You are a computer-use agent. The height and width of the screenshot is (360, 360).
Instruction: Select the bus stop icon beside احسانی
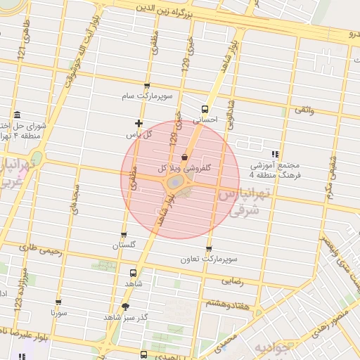pyautogui.click(x=205, y=109)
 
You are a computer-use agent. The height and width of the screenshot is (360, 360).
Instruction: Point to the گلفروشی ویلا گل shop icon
pyautogui.click(x=184, y=157)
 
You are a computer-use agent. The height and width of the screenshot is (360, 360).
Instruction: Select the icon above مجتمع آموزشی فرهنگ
pyautogui.click(x=274, y=153)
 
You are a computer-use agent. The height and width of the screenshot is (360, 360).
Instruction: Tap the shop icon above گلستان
pyautogui.click(x=124, y=236)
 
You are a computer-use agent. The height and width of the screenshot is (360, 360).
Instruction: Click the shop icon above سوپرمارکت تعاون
pyautogui.click(x=209, y=249)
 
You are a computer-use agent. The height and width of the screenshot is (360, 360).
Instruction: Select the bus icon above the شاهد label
pyautogui.click(x=134, y=272)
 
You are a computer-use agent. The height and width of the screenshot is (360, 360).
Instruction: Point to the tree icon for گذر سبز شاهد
pyautogui.click(x=126, y=307)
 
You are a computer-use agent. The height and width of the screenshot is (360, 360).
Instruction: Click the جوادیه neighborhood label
pyautogui.click(x=272, y=347)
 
